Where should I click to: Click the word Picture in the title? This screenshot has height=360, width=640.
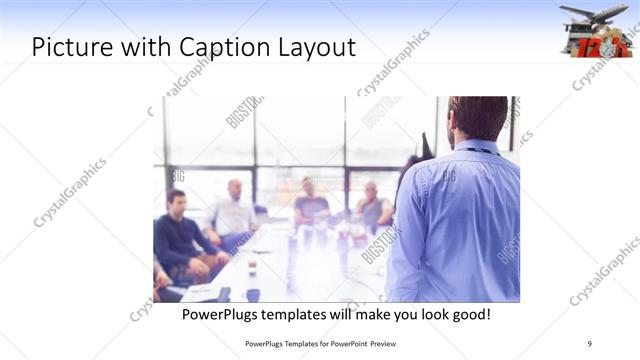(x=68, y=46)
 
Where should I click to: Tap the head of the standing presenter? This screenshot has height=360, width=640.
(x=477, y=117)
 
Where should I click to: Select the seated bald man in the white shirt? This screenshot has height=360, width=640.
(x=233, y=209)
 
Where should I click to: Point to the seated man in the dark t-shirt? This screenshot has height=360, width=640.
(x=311, y=202)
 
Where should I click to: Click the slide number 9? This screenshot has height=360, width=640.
(x=589, y=343)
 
